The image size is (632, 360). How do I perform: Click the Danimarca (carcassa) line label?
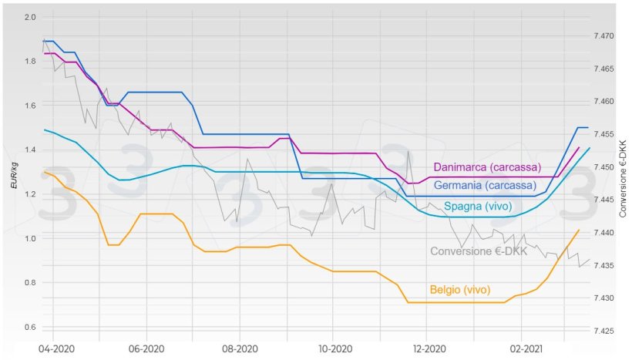pos(487,167)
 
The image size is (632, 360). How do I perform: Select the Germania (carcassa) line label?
pos(485,186)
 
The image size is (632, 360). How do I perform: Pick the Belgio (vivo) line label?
pos(460,291)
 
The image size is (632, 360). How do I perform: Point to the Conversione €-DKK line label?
pos(478,251)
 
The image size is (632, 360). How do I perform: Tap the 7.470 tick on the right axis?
pos(603,36)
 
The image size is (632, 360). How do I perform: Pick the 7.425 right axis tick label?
pos(603,331)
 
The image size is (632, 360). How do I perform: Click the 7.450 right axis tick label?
pos(603,167)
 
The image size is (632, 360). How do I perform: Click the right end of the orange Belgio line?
pos(579,230)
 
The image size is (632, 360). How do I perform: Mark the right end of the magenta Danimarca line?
pos(579,146)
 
